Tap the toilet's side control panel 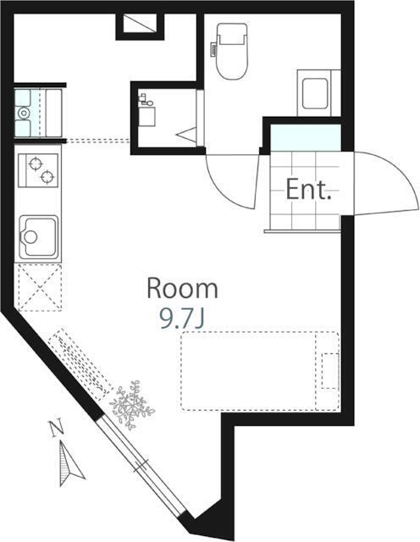213,48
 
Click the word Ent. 309,190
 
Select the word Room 183,289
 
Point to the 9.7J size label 182,318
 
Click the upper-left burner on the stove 35,163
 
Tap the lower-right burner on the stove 47,177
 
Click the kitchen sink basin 38,237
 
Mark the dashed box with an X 40,287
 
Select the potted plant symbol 131,405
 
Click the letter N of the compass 57,428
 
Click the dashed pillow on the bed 330,371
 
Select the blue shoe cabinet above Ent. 305,137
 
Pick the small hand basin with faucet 146,111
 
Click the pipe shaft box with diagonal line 140,24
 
